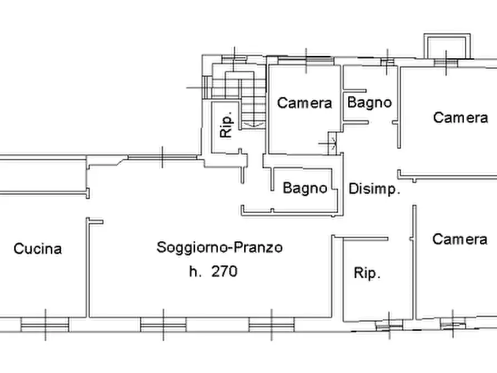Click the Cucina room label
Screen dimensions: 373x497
tap(37, 249)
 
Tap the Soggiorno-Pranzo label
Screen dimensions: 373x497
tap(219, 247)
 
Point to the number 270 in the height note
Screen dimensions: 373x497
tap(224, 272)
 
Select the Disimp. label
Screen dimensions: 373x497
tap(375, 189)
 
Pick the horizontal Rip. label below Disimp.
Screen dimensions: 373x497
tap(367, 273)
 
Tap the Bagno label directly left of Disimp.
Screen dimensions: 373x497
tap(304, 188)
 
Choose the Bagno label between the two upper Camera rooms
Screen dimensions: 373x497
tap(370, 102)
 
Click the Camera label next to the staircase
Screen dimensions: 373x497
tap(304, 103)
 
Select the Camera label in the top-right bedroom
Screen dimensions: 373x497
tap(460, 117)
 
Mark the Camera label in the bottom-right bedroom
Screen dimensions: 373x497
tap(460, 239)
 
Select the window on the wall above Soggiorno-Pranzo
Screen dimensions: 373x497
tap(162, 158)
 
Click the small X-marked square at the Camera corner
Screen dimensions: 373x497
tap(332, 144)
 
